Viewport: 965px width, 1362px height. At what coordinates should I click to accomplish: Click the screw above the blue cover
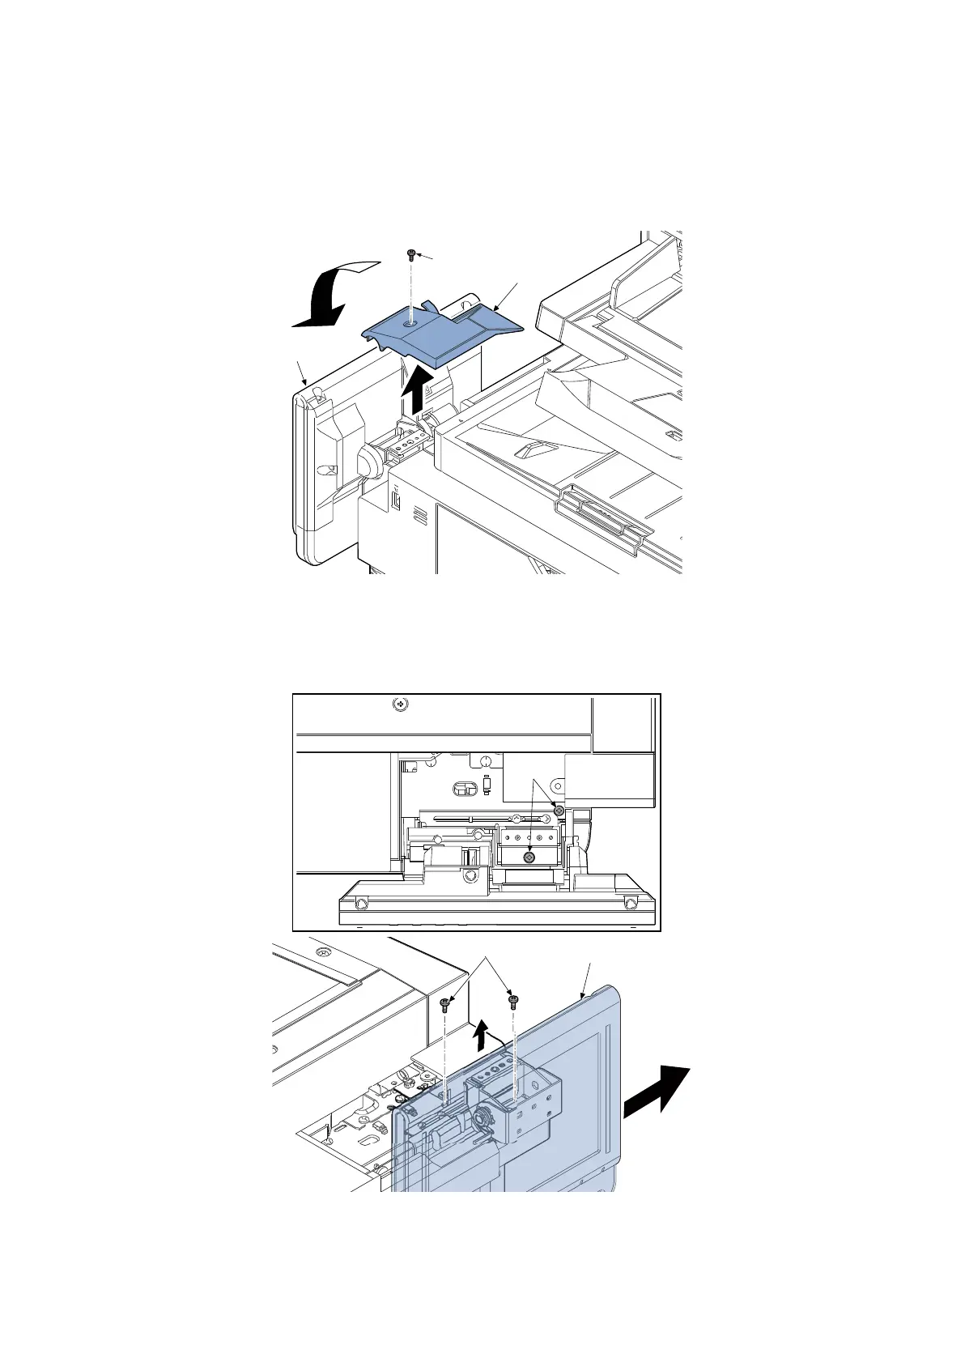coord(411,255)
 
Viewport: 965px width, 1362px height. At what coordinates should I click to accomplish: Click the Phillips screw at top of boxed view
coord(399,704)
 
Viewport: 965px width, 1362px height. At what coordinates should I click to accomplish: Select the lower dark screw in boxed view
coord(529,857)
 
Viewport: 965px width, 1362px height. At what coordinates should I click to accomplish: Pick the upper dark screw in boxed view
coord(558,810)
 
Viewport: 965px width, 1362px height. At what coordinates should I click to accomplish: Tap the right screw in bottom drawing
coord(512,1001)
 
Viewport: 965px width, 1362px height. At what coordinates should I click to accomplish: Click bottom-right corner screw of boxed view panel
coord(630,902)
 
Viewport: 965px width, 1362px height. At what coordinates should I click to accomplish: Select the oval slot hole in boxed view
coord(462,789)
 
